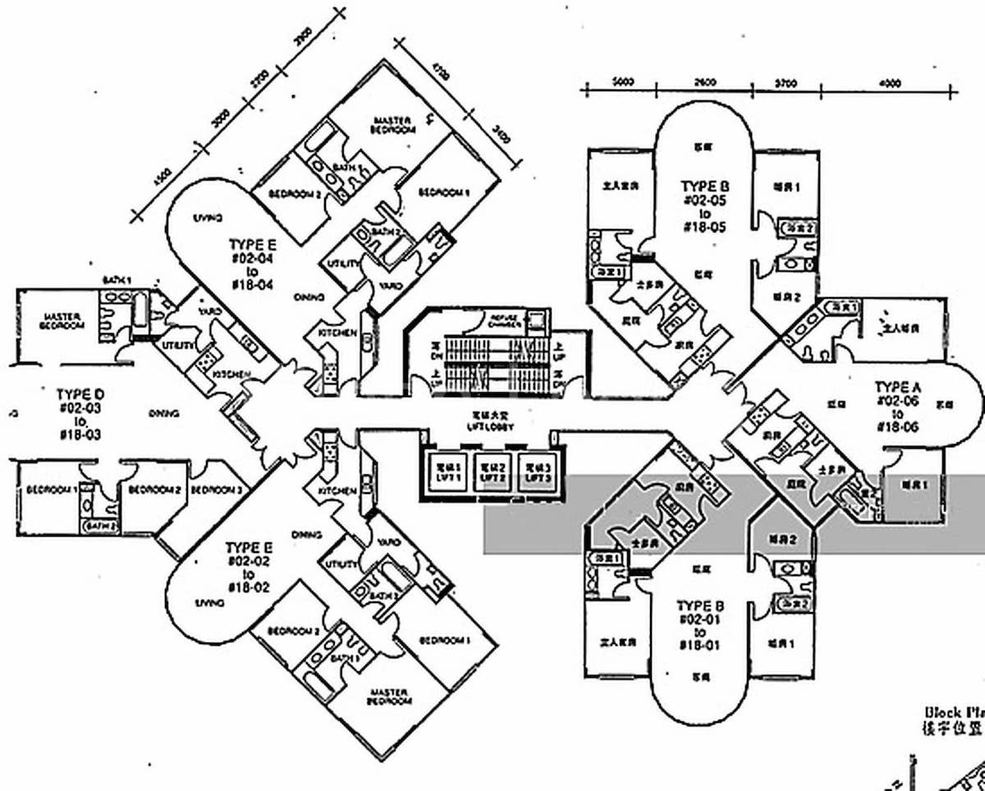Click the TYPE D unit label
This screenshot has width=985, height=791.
click(x=80, y=414)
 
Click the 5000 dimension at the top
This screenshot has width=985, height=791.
click(x=624, y=82)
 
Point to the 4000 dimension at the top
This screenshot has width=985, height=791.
click(x=889, y=82)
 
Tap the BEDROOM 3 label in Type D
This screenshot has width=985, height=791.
click(x=215, y=490)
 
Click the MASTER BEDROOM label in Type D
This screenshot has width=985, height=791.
click(x=62, y=321)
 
